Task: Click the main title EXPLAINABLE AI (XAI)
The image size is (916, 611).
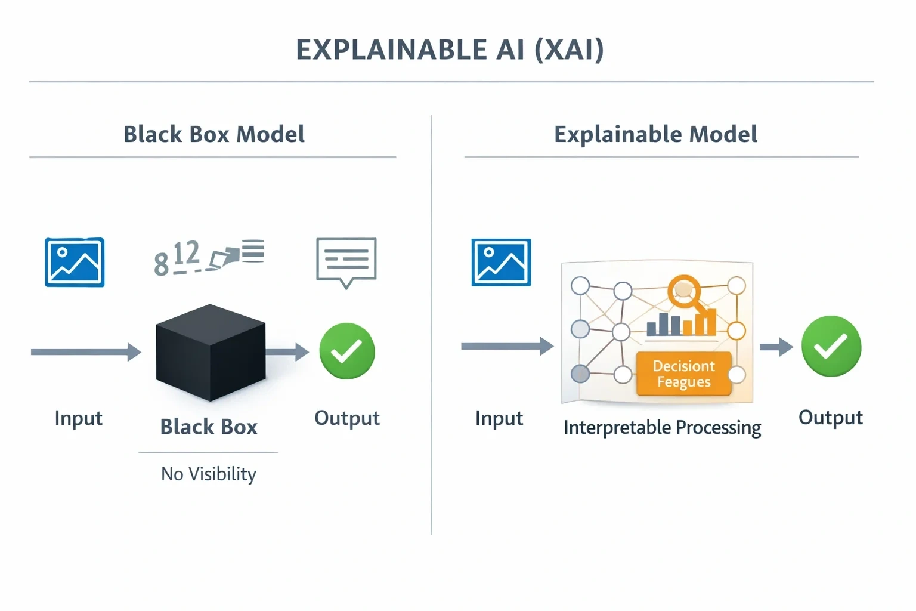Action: (x=450, y=50)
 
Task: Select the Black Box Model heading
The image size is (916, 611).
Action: (x=214, y=134)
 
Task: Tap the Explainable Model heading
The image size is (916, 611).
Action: (x=655, y=134)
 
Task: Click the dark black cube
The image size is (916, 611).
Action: (x=211, y=353)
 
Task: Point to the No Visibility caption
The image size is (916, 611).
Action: (x=209, y=474)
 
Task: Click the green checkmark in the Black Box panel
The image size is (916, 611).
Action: (x=347, y=351)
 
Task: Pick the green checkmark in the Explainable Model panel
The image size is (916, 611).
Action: (x=831, y=346)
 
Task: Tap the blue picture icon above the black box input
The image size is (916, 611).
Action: (x=75, y=262)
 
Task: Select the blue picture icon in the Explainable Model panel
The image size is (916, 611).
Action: (x=502, y=262)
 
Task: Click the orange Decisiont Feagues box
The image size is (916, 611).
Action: (x=684, y=374)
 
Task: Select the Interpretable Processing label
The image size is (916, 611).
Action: (x=662, y=428)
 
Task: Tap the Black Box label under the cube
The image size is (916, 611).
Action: (x=209, y=427)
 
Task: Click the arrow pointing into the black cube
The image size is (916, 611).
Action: (x=86, y=352)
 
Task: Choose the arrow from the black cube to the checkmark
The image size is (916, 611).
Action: (x=287, y=352)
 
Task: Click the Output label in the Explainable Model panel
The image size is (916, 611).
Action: (x=831, y=418)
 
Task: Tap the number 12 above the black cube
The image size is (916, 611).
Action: (x=187, y=253)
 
